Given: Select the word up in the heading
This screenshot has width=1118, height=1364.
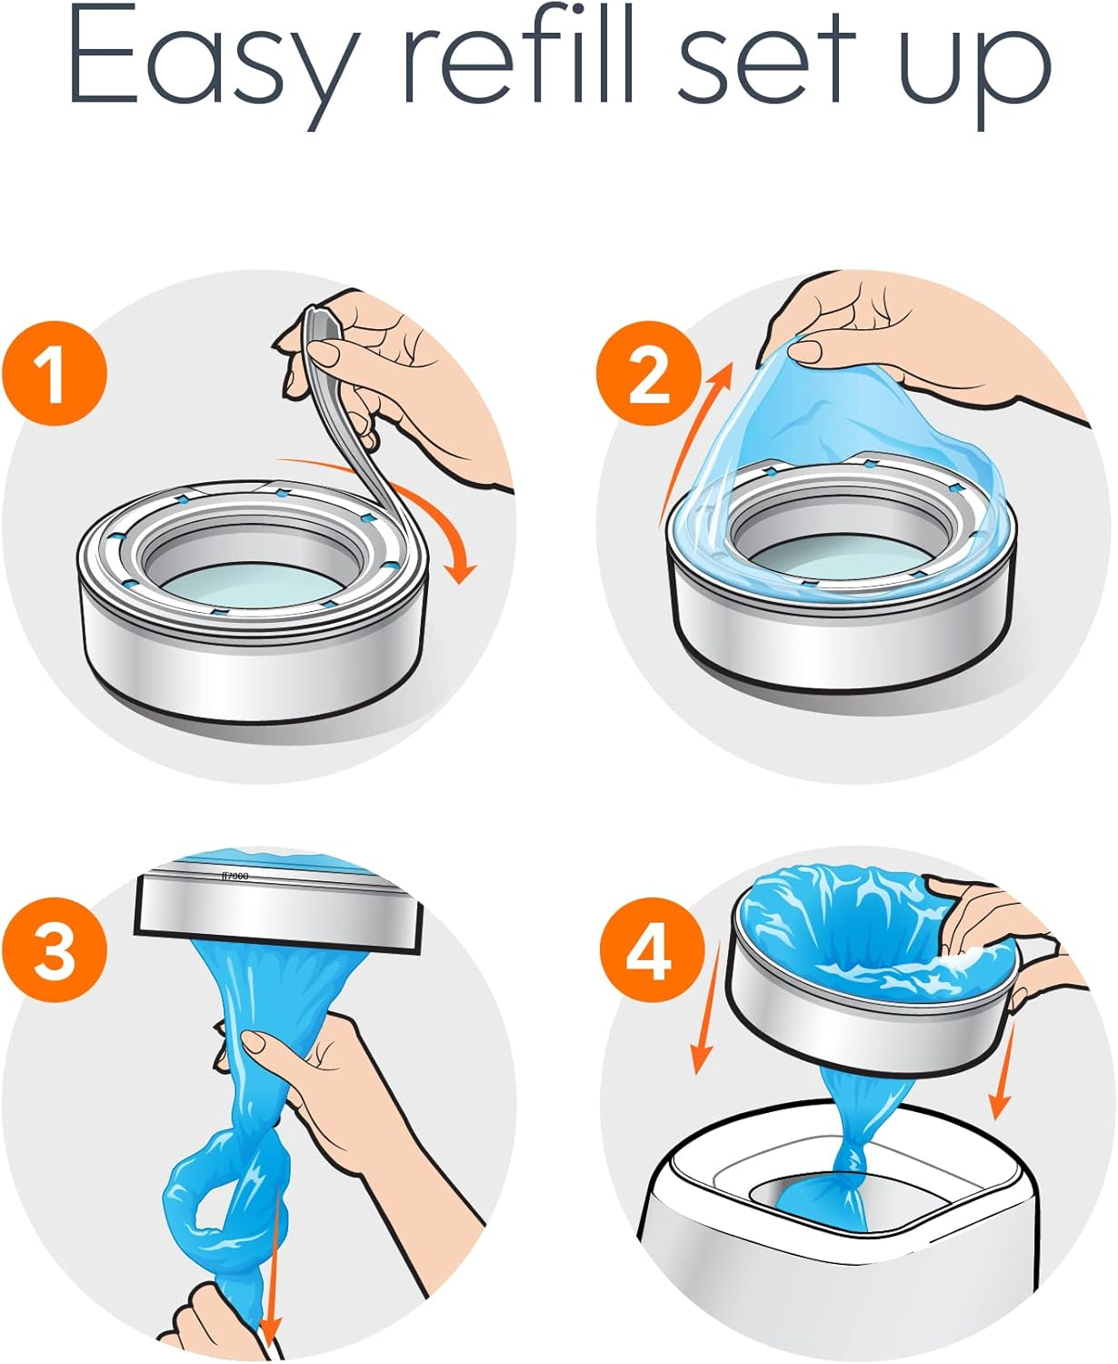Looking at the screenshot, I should [x=973, y=73].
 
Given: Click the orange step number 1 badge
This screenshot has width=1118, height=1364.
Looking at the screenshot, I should [x=55, y=374].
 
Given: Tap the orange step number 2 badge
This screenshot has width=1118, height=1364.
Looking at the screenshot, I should [x=648, y=374].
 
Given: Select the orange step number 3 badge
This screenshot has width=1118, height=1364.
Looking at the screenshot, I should [x=55, y=951].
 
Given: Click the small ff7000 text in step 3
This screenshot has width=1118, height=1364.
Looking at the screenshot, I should [x=235, y=876].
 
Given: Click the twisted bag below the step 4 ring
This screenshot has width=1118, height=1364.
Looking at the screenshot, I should [x=850, y=1155].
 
